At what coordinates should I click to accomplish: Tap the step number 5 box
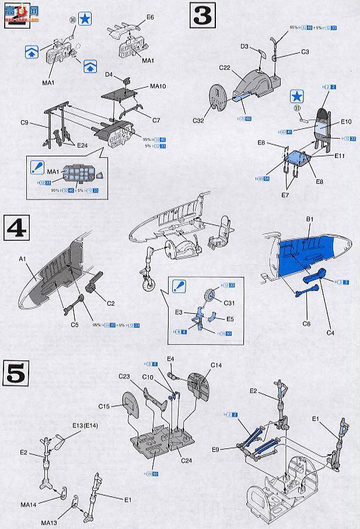coord(16,372)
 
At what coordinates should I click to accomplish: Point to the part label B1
coord(309,219)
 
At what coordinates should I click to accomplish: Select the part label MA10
coord(158,87)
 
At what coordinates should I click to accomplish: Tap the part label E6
coord(150,18)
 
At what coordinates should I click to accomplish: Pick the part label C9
coord(25,122)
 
